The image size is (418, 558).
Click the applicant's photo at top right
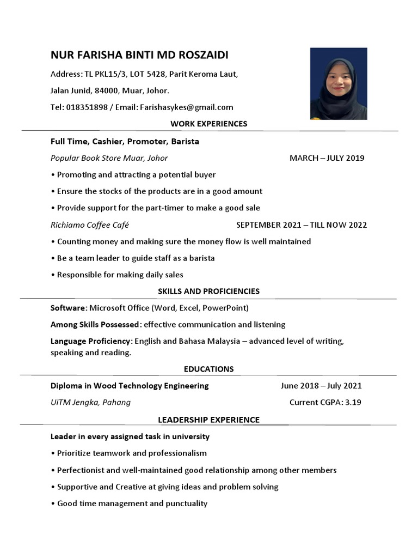click(x=339, y=83)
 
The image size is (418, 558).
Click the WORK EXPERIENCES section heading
click(x=208, y=124)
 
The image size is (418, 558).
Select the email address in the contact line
click(x=186, y=107)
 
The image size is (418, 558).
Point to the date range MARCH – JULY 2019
click(x=327, y=158)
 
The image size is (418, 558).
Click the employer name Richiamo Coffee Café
click(x=90, y=225)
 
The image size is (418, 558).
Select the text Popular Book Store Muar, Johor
click(x=109, y=158)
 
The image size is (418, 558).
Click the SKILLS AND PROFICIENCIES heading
click(x=208, y=291)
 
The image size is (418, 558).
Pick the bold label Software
click(x=67, y=308)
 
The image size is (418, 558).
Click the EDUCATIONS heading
click(x=208, y=369)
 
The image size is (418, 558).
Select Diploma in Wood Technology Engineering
click(x=130, y=386)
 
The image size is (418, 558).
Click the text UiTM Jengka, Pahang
click(x=90, y=403)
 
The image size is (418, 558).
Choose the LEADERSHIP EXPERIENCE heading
click(x=208, y=420)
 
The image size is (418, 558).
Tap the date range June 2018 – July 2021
click(x=321, y=386)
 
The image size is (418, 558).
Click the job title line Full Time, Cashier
click(x=125, y=141)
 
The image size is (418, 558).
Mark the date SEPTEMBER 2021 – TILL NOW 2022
click(x=302, y=225)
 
